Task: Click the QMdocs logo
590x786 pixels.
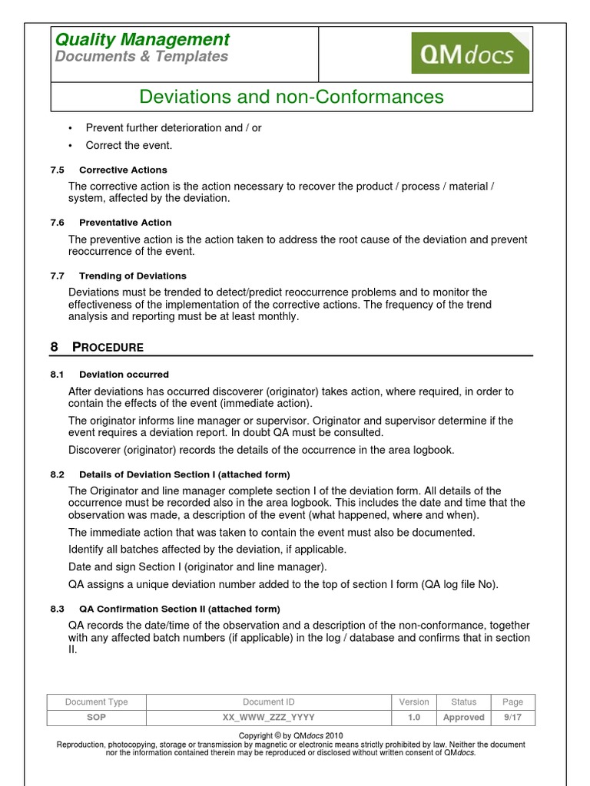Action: point(470,53)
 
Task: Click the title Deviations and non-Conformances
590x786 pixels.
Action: point(291,97)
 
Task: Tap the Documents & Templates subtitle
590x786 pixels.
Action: point(141,57)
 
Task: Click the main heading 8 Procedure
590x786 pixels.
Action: point(97,347)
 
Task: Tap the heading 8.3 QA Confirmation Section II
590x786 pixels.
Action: point(179,609)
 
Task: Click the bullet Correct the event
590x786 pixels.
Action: point(128,145)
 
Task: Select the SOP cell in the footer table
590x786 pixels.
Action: point(96,718)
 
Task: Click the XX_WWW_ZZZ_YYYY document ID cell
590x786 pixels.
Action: point(268,718)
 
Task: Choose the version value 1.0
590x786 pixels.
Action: point(414,718)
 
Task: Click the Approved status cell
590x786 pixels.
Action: point(463,718)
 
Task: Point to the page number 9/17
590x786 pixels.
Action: point(512,718)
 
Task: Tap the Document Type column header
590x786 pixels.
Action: point(96,702)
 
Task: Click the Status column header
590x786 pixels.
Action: point(463,702)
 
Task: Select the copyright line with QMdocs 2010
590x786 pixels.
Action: point(291,735)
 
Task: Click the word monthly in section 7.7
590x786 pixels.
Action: point(277,316)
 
